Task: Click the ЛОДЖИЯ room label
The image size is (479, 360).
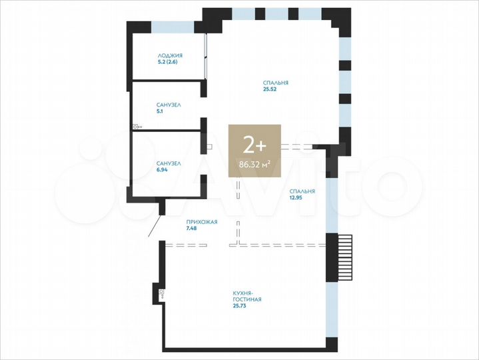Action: click(x=170, y=55)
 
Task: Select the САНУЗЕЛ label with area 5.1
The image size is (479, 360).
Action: click(x=169, y=105)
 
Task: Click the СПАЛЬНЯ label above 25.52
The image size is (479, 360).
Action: click(x=275, y=83)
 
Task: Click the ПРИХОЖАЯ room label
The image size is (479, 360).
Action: click(x=201, y=222)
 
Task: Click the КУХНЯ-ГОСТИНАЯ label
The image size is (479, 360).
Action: click(x=246, y=297)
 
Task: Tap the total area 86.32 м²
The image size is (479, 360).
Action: click(x=254, y=162)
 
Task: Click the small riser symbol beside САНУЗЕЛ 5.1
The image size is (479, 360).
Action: click(x=136, y=125)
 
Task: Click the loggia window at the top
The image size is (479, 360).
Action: click(x=173, y=27)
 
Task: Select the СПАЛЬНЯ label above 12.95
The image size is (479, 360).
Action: click(x=302, y=191)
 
